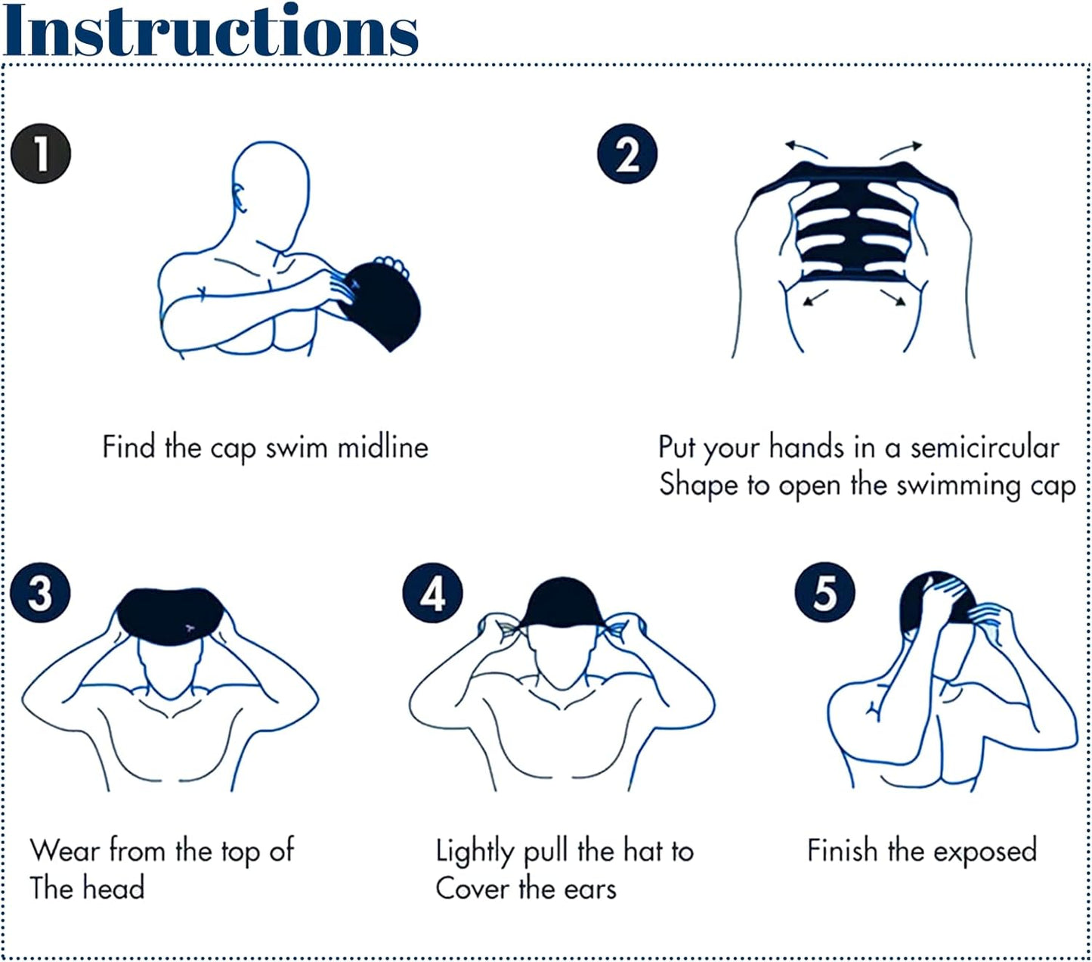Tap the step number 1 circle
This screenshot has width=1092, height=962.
[x=41, y=154]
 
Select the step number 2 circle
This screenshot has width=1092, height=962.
[x=627, y=154]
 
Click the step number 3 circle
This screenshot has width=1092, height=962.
[x=41, y=593]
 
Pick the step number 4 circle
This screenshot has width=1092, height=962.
[x=432, y=593]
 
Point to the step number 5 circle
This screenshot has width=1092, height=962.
[x=824, y=592]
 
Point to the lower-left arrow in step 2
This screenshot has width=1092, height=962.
[x=815, y=297]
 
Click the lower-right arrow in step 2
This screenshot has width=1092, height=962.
[x=893, y=297]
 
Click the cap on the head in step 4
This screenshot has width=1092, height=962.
[x=561, y=604]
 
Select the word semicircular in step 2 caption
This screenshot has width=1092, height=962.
[x=985, y=447]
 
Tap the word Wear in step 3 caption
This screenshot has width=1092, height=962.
[x=65, y=851]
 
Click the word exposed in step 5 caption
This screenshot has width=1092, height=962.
[x=985, y=852]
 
